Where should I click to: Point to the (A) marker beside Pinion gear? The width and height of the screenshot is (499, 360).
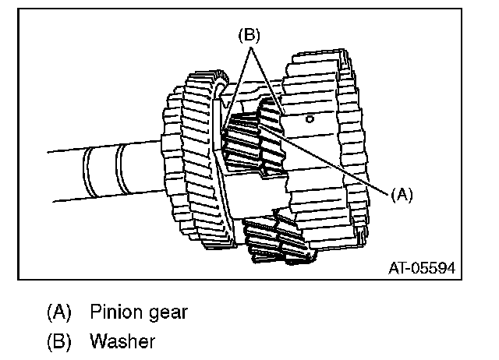click(x=58, y=312)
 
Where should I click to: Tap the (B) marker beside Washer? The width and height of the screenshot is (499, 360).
click(x=58, y=341)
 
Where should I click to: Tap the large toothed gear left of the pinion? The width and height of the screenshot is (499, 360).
click(x=191, y=164)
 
